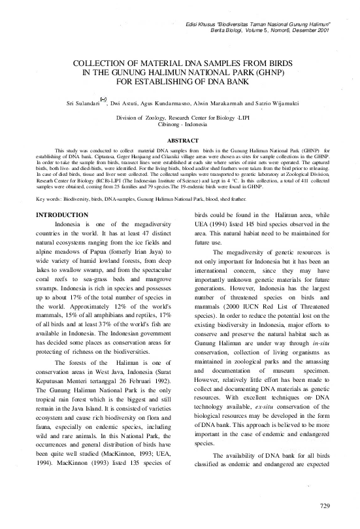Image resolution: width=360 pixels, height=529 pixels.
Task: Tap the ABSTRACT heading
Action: pyautogui.click(x=180, y=140)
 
